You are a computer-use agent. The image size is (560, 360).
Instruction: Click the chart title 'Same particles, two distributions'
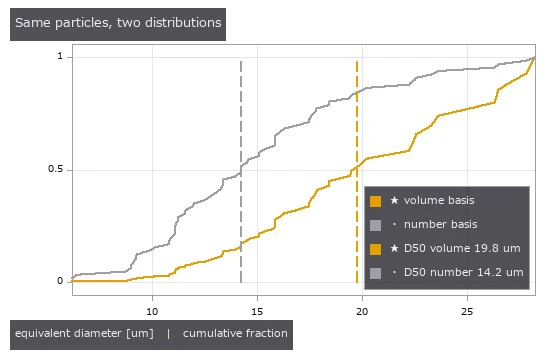[x=118, y=23]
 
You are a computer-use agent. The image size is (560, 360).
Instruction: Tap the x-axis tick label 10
[x=152, y=312]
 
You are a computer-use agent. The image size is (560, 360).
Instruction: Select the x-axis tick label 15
[x=257, y=312]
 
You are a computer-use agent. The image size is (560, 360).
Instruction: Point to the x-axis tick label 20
[x=362, y=312]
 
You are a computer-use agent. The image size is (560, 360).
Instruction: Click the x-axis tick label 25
[x=467, y=312]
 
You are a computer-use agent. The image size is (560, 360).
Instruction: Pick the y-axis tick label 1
[x=60, y=56]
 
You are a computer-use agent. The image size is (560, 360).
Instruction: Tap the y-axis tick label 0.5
[x=55, y=169]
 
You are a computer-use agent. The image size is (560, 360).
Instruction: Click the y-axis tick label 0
[x=60, y=281]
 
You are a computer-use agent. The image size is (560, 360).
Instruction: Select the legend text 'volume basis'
[x=439, y=200]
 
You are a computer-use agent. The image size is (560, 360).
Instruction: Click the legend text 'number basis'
[x=440, y=224]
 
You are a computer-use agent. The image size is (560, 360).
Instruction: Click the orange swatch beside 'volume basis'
[x=375, y=201]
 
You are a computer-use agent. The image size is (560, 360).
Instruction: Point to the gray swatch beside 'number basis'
[x=375, y=225]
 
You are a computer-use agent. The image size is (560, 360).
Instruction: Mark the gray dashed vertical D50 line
[x=241, y=172]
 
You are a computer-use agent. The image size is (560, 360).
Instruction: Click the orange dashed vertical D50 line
[x=357, y=172]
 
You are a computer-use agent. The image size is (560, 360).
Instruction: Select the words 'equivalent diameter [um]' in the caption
[x=84, y=334]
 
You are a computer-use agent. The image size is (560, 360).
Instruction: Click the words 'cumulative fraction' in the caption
[x=235, y=334]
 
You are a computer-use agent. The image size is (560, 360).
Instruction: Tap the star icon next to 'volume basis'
[x=394, y=200]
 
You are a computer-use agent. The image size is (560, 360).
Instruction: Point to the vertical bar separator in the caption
[x=169, y=334]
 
